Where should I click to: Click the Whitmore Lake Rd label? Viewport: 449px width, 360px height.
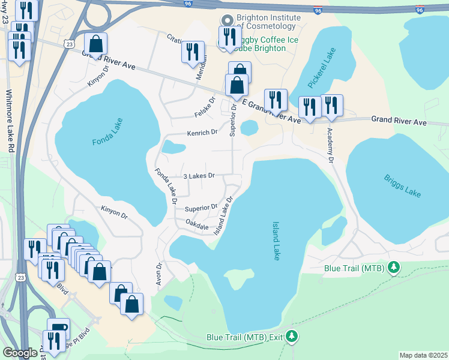[x=9, y=120]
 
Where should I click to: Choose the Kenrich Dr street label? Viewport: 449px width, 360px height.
[x=202, y=132]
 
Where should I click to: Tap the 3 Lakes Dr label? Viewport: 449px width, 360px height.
[x=199, y=176]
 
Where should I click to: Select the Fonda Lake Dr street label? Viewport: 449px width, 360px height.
[x=165, y=187]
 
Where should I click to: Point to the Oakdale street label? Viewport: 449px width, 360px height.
[x=197, y=227]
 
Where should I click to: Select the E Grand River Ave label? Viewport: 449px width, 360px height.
[x=270, y=112]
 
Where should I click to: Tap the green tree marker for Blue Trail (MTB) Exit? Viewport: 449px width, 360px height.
[x=292, y=336]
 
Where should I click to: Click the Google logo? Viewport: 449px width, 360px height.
[x=20, y=353]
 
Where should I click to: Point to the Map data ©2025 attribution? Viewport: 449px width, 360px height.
[x=423, y=355]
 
